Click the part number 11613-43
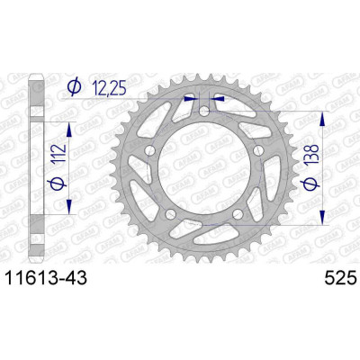(x=47, y=278)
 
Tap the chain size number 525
(x=340, y=278)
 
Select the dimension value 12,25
(x=108, y=88)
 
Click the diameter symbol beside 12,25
(x=74, y=87)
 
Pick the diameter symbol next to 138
(x=310, y=184)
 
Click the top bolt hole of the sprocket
(x=204, y=112)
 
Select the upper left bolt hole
(x=150, y=151)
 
